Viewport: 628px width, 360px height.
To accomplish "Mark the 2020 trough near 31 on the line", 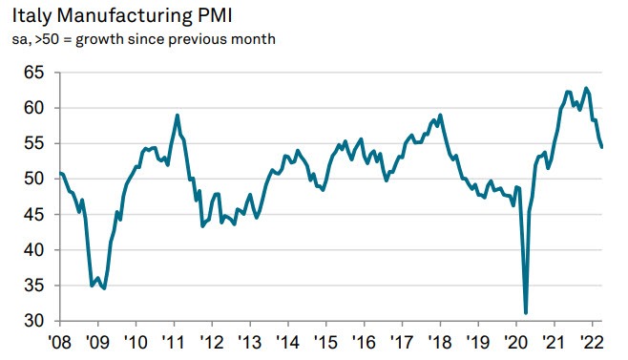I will click(526, 312).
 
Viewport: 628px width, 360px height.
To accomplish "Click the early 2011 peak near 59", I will click(178, 116).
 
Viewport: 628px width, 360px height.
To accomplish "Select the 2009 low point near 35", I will click(104, 287).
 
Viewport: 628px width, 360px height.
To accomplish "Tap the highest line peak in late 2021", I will click(585, 88).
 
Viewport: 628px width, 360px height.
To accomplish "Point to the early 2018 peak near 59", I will click(439, 116).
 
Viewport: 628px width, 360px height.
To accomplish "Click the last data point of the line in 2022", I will click(601, 147).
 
